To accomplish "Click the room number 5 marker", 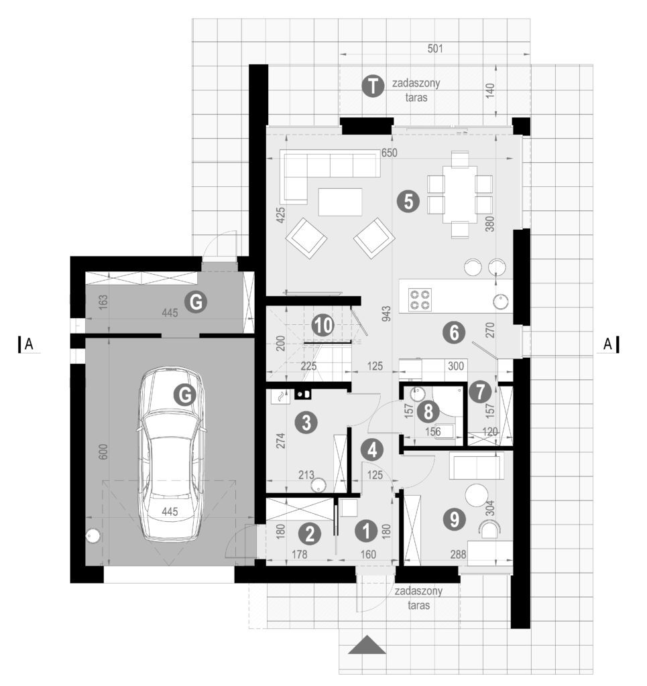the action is (x=408, y=202).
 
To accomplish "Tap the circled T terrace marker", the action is (x=373, y=86).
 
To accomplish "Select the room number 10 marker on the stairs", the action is (x=323, y=326).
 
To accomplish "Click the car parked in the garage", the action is (x=171, y=454).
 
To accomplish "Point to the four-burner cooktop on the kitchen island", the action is (x=420, y=299).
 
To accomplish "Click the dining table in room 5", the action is (x=460, y=194).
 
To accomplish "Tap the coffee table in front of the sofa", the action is (x=340, y=202).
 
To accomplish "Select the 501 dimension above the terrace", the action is (x=435, y=48).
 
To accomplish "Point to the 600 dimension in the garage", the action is (x=103, y=452).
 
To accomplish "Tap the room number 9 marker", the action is (x=455, y=519).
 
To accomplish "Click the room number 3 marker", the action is (x=306, y=423).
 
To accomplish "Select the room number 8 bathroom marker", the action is (x=428, y=412).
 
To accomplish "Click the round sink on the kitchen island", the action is (x=500, y=301).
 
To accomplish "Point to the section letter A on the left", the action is (x=29, y=344).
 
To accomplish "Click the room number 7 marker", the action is (x=480, y=391).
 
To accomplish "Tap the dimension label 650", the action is (x=389, y=153).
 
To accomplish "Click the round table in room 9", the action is (x=476, y=496).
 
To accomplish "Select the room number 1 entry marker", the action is (x=366, y=531).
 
